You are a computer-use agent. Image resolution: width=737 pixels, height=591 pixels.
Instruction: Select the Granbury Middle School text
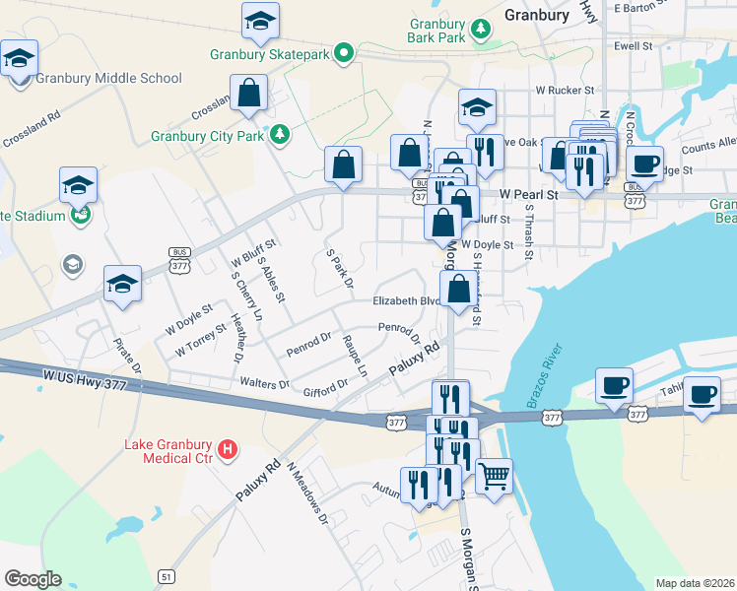(108, 78)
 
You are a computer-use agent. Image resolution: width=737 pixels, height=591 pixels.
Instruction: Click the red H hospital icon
(229, 450)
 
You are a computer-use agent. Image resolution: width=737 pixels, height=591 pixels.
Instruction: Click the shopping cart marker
(494, 476)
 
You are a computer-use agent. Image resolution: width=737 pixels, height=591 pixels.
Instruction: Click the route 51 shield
(168, 576)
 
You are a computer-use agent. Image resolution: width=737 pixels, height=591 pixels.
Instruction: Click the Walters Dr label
(264, 382)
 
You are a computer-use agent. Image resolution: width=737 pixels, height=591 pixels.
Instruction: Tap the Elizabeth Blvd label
(404, 301)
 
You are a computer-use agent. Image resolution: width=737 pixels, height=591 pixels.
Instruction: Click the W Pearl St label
(528, 195)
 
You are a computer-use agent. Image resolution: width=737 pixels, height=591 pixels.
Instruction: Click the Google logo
(33, 579)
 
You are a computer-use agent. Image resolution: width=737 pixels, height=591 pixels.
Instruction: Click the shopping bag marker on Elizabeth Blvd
(458, 290)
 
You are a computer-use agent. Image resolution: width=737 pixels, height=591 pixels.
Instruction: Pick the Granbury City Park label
(207, 136)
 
